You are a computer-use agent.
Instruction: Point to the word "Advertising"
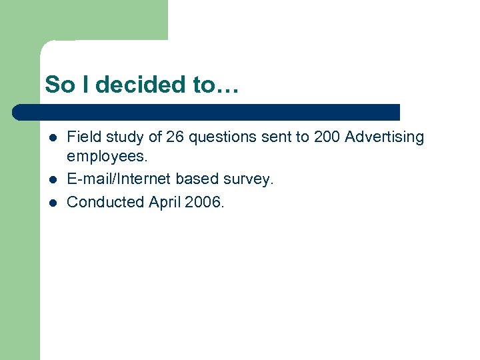[384, 137]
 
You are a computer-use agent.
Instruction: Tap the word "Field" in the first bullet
[82, 137]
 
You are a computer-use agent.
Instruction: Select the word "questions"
[223, 137]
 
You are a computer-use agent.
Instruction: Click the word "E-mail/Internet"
[119, 179]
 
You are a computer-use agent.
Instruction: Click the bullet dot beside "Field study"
[52, 138]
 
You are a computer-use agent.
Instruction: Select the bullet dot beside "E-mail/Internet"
[52, 180]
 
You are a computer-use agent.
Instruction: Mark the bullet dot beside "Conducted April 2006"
[52, 201]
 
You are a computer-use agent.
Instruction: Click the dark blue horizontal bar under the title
[207, 112]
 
